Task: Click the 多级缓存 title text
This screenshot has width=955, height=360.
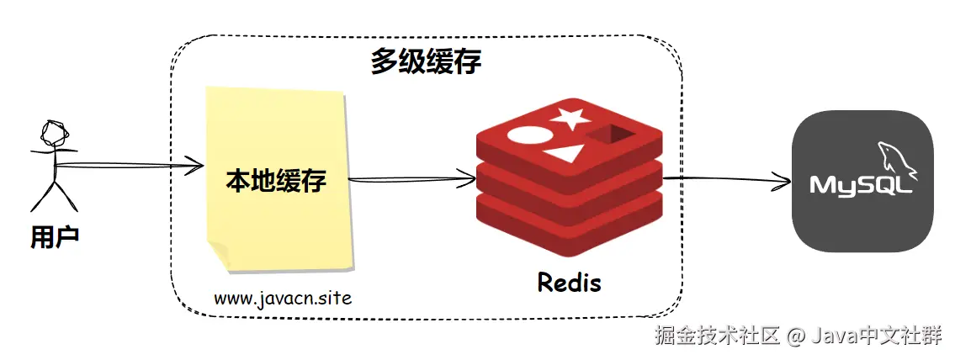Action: (x=426, y=63)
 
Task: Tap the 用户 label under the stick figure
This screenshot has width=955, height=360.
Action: (x=56, y=237)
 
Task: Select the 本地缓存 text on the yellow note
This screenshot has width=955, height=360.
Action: (x=276, y=181)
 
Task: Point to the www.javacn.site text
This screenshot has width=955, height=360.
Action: (x=283, y=299)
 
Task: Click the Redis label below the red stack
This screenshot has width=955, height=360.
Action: (x=569, y=282)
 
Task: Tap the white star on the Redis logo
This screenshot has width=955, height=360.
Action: (x=570, y=118)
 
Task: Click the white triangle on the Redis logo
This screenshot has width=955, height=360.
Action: (x=564, y=153)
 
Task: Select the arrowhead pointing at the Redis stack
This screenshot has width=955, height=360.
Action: (x=466, y=178)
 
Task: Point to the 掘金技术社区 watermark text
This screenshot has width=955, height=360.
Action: (x=718, y=335)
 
